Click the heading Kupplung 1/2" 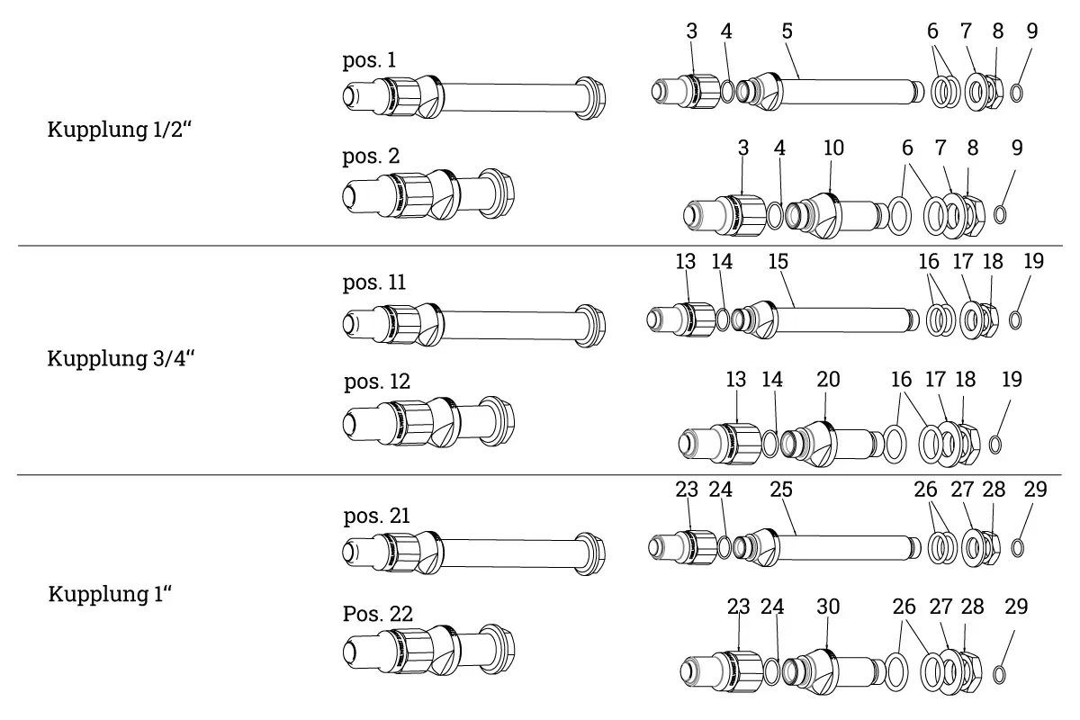[x=121, y=130]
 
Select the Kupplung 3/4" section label [x=121, y=358]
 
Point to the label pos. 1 [x=369, y=60]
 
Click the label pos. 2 [x=371, y=156]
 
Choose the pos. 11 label [x=374, y=283]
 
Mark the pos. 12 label [x=377, y=382]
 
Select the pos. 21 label [x=377, y=517]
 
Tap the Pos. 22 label [x=378, y=614]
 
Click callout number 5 [x=787, y=31]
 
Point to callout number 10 [x=833, y=148]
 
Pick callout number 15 [x=778, y=262]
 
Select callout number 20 [x=828, y=380]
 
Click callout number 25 [x=781, y=490]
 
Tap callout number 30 [x=828, y=607]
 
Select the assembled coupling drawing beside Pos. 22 [x=430, y=650]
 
